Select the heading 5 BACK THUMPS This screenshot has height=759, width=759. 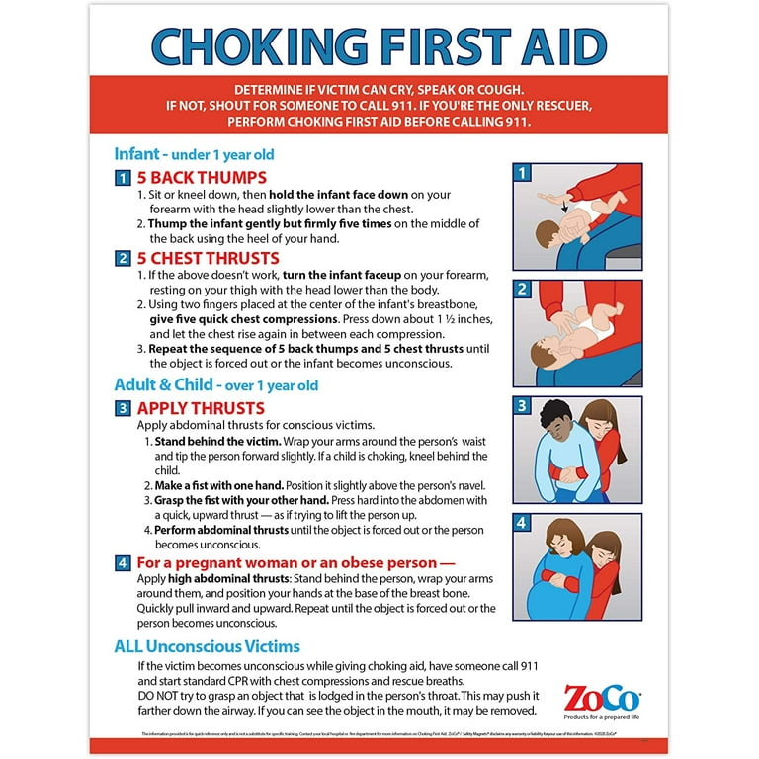(x=202, y=178)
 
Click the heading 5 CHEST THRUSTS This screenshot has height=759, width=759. (x=210, y=258)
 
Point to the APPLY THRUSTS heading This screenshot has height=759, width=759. (x=201, y=407)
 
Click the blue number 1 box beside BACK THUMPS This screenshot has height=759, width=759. (x=123, y=179)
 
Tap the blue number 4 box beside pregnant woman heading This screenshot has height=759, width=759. (x=123, y=562)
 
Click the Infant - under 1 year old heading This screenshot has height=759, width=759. (x=194, y=154)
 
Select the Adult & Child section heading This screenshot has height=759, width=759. (x=215, y=384)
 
